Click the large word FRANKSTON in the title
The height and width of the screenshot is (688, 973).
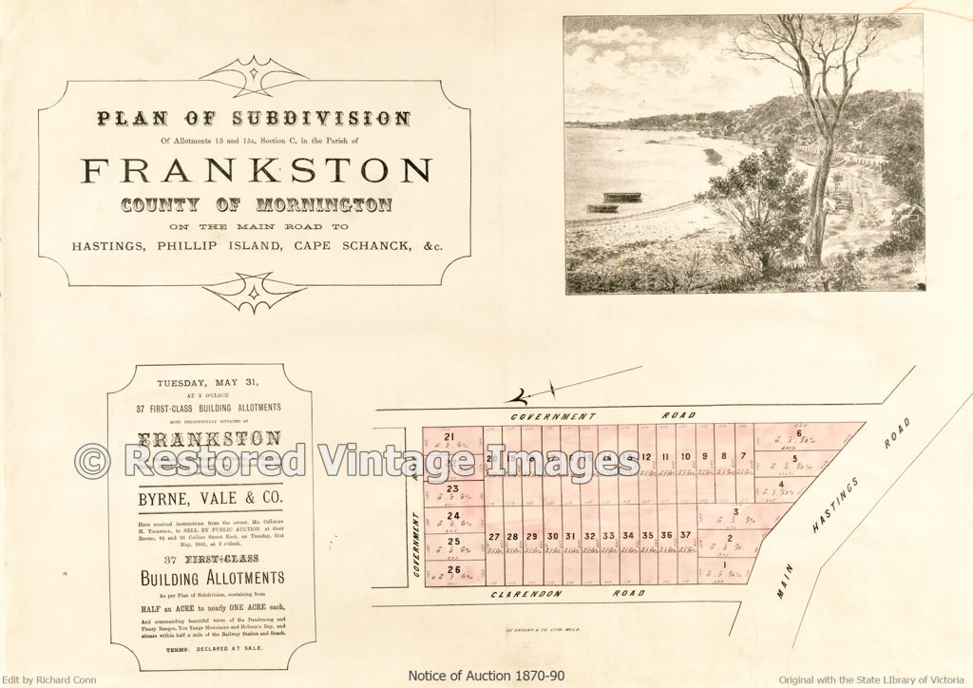[257, 170]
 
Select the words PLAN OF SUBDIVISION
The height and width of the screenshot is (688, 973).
[253, 120]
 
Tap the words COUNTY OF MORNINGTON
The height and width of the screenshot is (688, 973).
[256, 204]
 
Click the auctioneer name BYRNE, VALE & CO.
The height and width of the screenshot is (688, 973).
[211, 496]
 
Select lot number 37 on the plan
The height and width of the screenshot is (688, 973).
[685, 536]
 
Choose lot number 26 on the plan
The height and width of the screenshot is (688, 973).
[453, 570]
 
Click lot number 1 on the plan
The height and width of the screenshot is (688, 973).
[724, 565]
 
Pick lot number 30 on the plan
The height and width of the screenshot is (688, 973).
[552, 536]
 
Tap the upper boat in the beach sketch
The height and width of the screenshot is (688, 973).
[621, 197]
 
